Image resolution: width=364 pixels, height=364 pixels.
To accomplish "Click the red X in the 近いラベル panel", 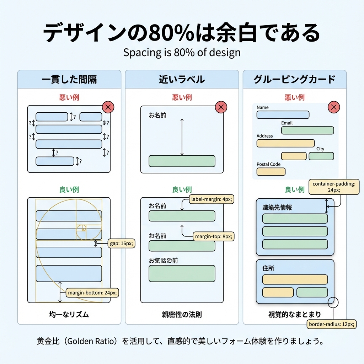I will (x=221, y=107).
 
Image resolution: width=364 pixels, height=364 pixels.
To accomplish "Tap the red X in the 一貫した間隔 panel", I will (x=108, y=107).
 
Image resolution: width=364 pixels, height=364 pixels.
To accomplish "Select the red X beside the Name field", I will (x=333, y=107).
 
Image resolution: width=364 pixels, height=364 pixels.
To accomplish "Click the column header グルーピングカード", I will (x=294, y=79).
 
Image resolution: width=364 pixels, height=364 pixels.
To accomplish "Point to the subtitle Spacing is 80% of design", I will (x=182, y=53).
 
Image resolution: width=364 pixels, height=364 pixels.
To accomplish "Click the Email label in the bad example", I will (x=287, y=123).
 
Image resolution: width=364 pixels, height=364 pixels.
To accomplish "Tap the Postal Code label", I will (x=268, y=164).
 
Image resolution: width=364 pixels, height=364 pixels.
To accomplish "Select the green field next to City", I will (x=321, y=156).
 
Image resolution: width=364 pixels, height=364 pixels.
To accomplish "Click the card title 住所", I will (x=268, y=268).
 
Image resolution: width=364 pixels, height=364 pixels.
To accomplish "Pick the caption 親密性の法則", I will (x=182, y=314).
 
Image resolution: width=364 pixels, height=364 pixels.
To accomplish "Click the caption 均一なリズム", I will (x=69, y=314).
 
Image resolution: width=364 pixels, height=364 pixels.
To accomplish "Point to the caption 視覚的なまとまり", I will (x=294, y=314).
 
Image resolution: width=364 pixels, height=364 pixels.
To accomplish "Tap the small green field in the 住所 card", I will (x=312, y=292).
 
